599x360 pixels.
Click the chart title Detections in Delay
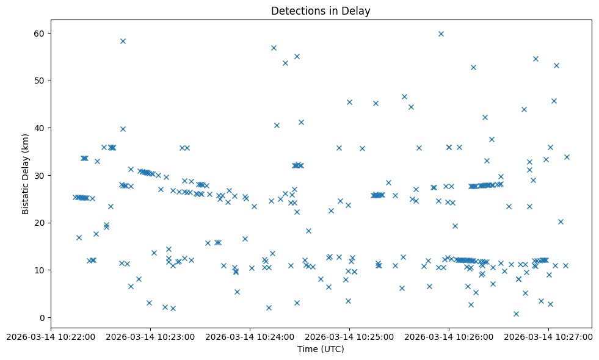coord(321,11)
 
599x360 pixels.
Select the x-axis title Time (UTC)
coord(321,349)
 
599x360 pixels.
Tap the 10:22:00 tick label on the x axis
coord(51,336)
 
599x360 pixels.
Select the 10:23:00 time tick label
coord(150,336)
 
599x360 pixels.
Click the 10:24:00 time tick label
coord(250,336)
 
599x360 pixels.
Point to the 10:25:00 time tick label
coord(349,336)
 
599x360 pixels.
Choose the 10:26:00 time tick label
coord(449,336)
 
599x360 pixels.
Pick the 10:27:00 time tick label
coord(549,336)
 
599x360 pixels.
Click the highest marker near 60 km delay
coord(441,34)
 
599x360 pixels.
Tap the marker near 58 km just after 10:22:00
coord(123,41)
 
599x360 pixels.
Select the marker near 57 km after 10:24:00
coord(274,48)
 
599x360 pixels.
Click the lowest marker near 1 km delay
coord(516,314)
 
